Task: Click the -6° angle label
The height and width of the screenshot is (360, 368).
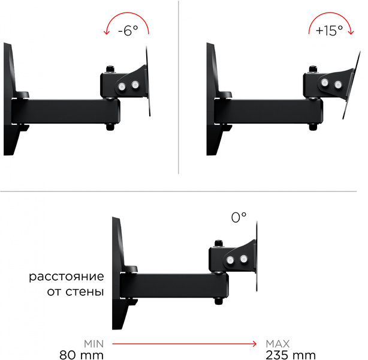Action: click(x=128, y=31)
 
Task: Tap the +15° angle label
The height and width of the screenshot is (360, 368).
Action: click(x=329, y=31)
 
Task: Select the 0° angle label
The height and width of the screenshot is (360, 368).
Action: click(x=239, y=217)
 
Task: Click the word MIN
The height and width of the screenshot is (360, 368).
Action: click(x=94, y=344)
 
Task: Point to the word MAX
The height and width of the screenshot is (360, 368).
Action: click(x=277, y=344)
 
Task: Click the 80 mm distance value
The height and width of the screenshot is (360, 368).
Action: click(x=82, y=355)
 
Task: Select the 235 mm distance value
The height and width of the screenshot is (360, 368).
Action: click(x=291, y=355)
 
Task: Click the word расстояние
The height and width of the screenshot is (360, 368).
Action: click(x=67, y=277)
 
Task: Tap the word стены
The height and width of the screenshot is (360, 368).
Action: click(x=85, y=292)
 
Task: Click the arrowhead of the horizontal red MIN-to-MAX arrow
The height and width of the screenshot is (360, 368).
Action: click(x=254, y=344)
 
